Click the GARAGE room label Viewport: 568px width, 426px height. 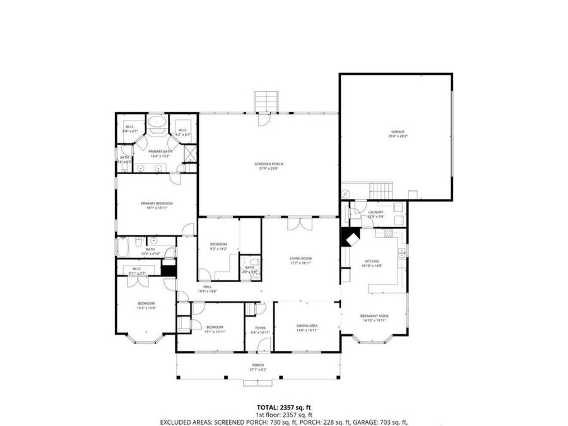click(396, 131)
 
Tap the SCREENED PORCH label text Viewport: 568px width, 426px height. click(268, 164)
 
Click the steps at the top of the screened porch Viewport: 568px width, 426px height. click(266, 101)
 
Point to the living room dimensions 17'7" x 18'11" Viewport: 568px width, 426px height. click(300, 263)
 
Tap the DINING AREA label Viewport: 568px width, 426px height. click(307, 326)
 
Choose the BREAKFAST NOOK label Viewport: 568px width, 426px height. click(374, 316)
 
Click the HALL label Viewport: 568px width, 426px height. click(207, 287)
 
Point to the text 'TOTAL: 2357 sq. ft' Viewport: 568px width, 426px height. click(283, 407)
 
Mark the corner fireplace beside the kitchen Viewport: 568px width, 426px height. click(348, 239)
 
